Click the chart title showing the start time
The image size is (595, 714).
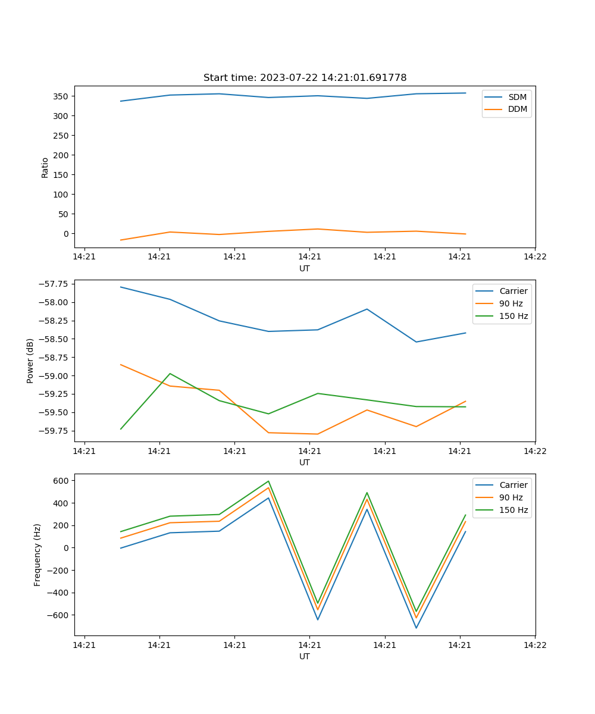(x=305, y=78)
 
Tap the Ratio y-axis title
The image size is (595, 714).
(x=45, y=168)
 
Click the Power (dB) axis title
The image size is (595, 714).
(x=30, y=361)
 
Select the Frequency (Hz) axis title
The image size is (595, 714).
(x=37, y=555)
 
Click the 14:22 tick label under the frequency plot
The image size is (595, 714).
(x=535, y=645)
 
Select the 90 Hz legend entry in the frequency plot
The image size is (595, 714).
(x=511, y=497)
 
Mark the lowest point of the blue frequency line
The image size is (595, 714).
(x=416, y=628)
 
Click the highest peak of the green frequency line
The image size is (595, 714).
(x=268, y=481)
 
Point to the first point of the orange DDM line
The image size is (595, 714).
(x=121, y=240)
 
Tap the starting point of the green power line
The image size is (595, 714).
(x=121, y=429)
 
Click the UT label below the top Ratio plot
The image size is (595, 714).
(x=305, y=268)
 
